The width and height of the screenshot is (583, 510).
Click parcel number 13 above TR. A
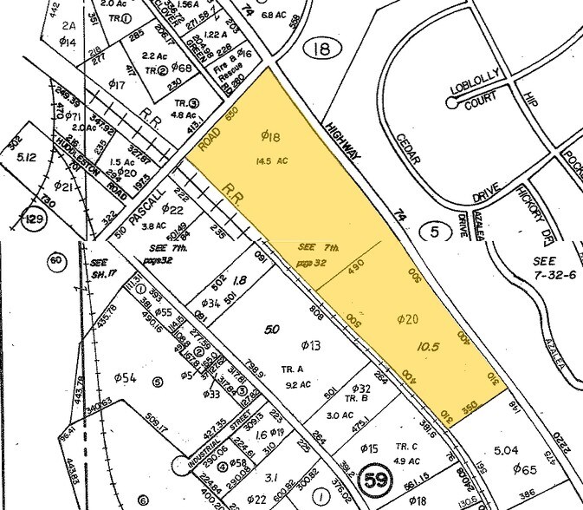click(x=309, y=346)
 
